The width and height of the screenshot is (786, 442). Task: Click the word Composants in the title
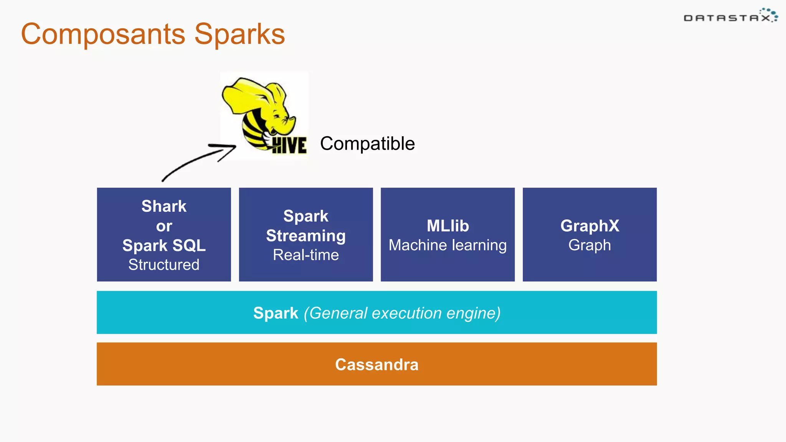coord(103,35)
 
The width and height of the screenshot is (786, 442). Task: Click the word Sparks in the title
coord(239,35)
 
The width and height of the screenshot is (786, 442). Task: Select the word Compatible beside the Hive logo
coord(367,143)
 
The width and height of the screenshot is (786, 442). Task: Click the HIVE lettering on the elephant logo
coord(289,145)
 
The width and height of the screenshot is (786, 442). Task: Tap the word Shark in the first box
coord(164,206)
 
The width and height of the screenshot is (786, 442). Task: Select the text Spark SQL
coord(164,246)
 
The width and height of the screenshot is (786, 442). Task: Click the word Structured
coord(164,265)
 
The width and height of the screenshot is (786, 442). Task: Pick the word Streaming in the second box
coord(306,236)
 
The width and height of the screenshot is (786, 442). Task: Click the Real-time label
coord(306,255)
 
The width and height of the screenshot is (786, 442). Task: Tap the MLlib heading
coord(447,226)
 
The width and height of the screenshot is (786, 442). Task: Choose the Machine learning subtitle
coord(447,245)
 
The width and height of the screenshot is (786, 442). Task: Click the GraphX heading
coord(589,226)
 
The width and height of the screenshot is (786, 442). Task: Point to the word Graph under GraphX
coord(589,245)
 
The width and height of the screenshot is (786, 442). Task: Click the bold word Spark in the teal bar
coord(276,313)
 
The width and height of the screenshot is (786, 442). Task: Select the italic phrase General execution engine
coord(402,313)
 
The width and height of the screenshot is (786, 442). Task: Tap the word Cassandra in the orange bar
coord(376,364)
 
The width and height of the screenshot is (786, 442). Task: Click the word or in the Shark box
coord(164,226)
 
